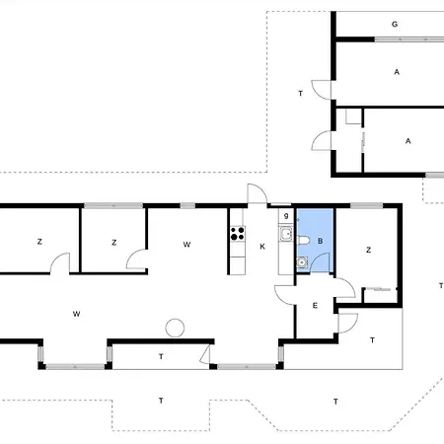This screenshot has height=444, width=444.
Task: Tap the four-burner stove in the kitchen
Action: (x=237, y=235)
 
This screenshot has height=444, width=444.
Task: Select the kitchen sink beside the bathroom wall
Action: (x=284, y=235)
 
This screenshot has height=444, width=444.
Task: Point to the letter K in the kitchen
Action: (x=262, y=246)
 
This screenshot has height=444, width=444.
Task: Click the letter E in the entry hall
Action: (x=315, y=306)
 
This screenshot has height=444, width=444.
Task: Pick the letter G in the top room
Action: (x=394, y=23)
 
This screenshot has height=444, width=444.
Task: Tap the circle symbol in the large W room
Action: (x=175, y=328)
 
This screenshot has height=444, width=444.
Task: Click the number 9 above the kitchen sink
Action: (x=285, y=216)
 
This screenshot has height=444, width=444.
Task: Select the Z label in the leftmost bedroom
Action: (x=39, y=242)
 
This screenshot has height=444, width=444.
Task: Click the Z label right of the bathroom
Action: (x=368, y=251)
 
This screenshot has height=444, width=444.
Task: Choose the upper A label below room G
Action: (x=396, y=72)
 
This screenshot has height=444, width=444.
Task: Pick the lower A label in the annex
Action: (x=407, y=141)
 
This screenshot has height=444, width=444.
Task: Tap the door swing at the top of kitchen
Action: (x=256, y=194)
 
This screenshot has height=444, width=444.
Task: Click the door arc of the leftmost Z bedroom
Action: (x=62, y=262)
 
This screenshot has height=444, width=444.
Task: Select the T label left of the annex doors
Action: (x=299, y=93)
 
